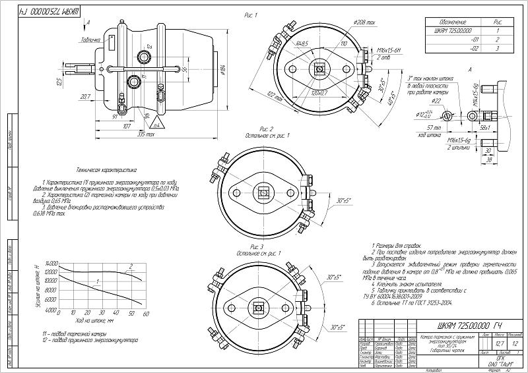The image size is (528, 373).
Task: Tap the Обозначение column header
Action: pyautogui.click(x=454, y=21)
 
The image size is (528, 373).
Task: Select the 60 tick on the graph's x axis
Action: pyautogui.click(x=145, y=314)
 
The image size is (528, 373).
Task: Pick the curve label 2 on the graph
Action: pyautogui.click(x=131, y=266)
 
